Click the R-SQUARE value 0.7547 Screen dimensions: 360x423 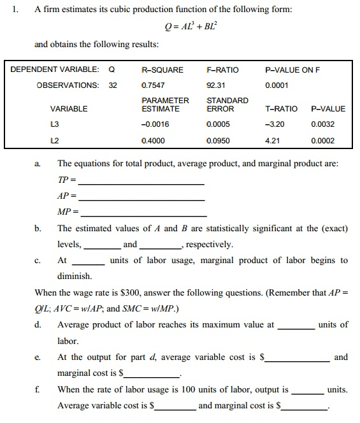click(x=152, y=85)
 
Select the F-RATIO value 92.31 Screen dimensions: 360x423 click(x=217, y=85)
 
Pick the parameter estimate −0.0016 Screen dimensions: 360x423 click(x=154, y=124)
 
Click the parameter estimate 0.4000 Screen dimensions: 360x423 click(x=152, y=140)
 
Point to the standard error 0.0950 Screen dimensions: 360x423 click(x=218, y=140)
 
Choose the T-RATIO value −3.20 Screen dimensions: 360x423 click(x=275, y=124)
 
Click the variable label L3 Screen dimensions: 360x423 click(x=55, y=124)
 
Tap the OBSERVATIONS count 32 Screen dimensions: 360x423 click(x=113, y=85)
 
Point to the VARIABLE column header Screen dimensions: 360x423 click(x=69, y=109)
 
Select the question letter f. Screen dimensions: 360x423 click(x=38, y=389)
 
